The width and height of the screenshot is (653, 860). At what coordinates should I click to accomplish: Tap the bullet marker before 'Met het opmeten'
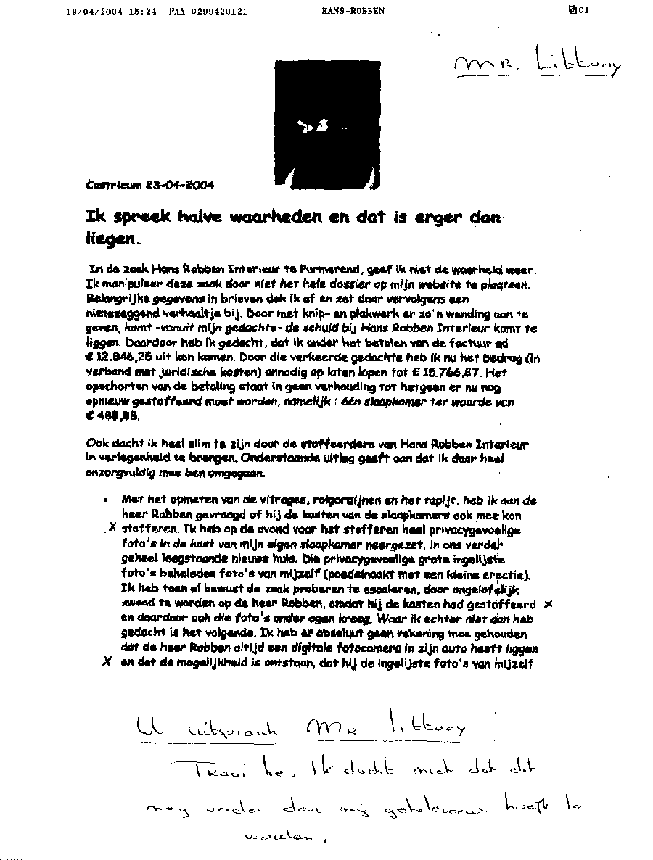106,500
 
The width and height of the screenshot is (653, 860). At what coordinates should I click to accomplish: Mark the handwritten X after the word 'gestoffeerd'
549,603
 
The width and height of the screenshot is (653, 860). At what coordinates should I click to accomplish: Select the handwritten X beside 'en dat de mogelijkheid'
106,661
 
